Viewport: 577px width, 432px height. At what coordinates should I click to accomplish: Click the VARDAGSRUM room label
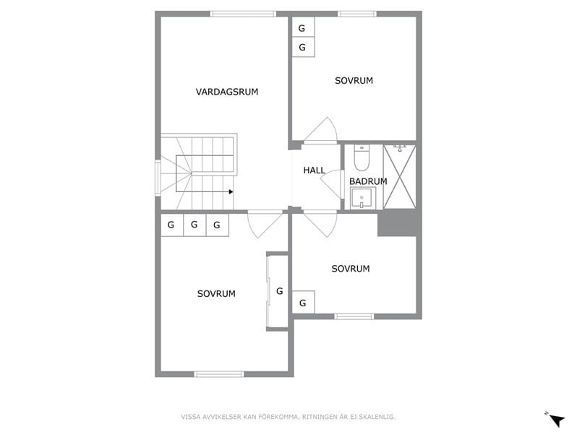coord(227,92)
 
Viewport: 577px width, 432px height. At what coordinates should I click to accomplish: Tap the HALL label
coord(315,170)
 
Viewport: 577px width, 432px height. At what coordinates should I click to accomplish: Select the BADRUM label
coord(368,181)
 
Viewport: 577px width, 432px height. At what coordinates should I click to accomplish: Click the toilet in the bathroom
coord(362,157)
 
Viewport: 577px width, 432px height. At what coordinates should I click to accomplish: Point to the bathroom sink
coord(362,198)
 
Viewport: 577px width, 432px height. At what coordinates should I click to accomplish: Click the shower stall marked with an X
coord(399,177)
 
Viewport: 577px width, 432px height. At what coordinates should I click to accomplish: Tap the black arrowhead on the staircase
coord(231,191)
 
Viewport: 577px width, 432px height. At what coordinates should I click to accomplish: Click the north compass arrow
coord(556,419)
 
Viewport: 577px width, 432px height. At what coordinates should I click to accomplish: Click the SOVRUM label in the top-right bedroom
coord(354,80)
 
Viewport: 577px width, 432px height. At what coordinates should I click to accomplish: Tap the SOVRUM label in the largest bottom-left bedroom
coord(216,294)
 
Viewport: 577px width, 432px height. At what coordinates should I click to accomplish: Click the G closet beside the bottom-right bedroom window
coord(303,302)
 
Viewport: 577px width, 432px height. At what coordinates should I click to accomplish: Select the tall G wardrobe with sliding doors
coord(277,291)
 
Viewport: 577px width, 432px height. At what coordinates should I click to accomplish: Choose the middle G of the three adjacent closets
coord(195,225)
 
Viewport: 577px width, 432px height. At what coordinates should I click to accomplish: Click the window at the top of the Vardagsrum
coord(243,14)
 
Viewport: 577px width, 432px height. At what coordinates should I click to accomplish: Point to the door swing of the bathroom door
coord(331,184)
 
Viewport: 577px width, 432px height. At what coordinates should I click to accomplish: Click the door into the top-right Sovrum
coord(320,130)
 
